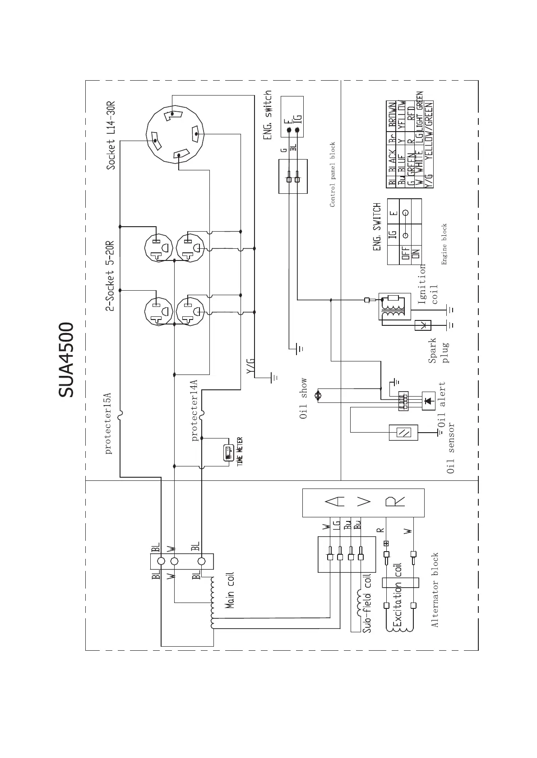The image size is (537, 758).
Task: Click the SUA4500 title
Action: click(66, 360)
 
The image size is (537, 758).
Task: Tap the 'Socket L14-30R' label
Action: click(111, 135)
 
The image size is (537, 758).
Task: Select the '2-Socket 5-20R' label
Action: click(110, 276)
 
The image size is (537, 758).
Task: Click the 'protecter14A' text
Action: click(194, 411)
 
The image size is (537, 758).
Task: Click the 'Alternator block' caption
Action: click(435, 590)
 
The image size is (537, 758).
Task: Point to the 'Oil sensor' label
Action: click(450, 448)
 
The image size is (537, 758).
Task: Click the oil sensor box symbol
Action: click(403, 433)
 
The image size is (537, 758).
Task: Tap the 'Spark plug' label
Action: click(439, 351)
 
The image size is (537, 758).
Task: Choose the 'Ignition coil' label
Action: click(428, 285)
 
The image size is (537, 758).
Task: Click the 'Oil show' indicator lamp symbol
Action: click(317, 395)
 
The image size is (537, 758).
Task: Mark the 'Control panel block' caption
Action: click(333, 174)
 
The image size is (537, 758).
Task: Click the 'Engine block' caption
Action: click(444, 244)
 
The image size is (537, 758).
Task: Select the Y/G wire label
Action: click(251, 366)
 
